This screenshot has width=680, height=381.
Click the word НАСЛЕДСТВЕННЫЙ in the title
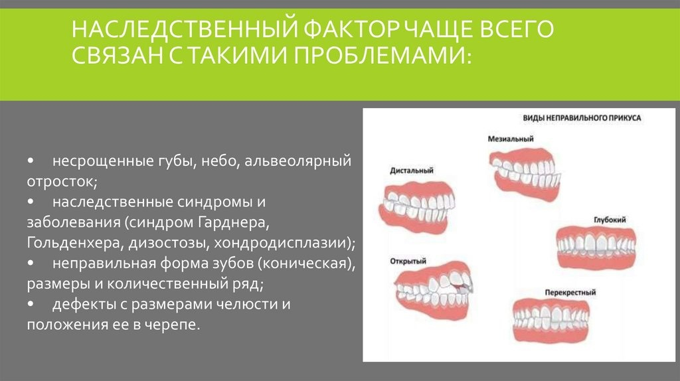pos(185,29)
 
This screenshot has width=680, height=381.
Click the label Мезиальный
pos(511,139)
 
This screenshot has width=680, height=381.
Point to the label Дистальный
pos(412,171)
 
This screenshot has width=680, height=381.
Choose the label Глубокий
pos(610,220)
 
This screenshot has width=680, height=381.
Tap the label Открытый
pos(408,261)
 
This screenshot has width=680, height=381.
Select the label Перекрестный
pos(570,293)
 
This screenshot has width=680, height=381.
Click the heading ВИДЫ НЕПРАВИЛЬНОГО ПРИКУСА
pos(582,118)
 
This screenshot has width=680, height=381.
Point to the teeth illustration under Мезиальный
pos(525,173)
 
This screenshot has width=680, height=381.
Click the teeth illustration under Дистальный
pos(416,207)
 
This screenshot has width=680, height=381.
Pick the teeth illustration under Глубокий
pos(596,246)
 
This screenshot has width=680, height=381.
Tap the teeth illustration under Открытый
pos(434,290)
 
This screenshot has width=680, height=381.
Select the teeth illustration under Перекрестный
pos(551,320)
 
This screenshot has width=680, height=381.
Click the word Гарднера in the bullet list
pos(234,222)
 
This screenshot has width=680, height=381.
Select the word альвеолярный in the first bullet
pos(298,161)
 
